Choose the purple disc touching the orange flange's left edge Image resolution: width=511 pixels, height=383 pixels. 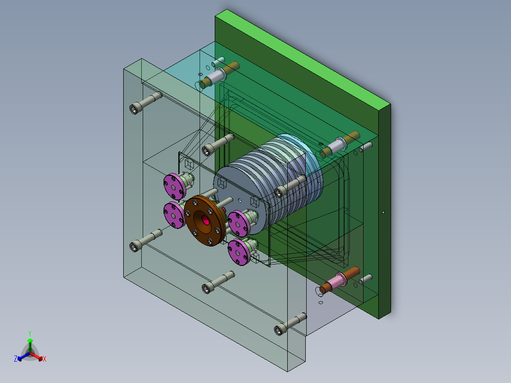pyautogui.click(x=174, y=215)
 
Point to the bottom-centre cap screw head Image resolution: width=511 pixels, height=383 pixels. pyautogui.click(x=208, y=287)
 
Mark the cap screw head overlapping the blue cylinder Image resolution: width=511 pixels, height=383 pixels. pyautogui.click(x=281, y=191)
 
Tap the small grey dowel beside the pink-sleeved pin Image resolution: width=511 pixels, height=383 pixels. pyautogui.click(x=365, y=279)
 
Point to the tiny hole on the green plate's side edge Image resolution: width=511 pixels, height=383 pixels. pyautogui.click(x=383, y=212)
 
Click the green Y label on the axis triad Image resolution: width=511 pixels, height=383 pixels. pyautogui.click(x=29, y=333)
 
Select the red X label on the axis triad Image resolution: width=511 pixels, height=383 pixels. pyautogui.click(x=45, y=359)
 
